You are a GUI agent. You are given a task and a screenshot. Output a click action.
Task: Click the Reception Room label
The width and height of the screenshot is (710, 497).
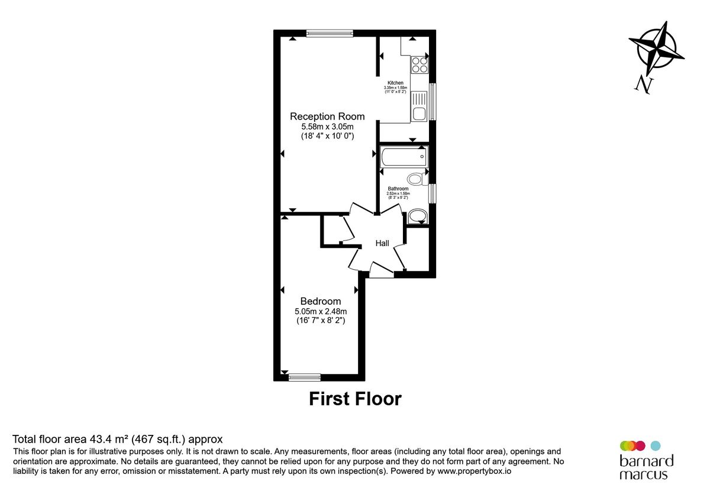[x=327, y=117]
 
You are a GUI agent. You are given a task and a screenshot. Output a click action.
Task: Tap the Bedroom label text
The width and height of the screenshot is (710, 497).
[x=320, y=301]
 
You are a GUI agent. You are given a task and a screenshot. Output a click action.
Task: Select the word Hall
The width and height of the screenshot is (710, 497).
[x=382, y=243]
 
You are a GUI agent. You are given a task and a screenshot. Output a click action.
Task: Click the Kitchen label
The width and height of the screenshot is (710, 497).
[x=395, y=83]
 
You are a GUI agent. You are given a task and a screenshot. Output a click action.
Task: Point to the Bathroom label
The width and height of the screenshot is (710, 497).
[x=398, y=189]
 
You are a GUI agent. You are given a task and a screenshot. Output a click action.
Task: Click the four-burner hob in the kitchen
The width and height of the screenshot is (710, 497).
[x=419, y=64]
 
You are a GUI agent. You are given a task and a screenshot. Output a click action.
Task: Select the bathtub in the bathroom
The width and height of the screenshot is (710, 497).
[x=404, y=157]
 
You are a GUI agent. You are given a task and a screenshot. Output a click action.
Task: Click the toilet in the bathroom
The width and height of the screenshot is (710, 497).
[x=416, y=179]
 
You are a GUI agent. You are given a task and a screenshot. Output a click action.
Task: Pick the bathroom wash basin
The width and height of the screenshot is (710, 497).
[x=417, y=217]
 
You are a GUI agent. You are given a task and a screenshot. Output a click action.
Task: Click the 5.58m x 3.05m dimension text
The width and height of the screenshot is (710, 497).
[x=327, y=127]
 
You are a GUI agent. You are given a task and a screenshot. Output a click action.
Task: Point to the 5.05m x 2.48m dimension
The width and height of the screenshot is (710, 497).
[x=320, y=311]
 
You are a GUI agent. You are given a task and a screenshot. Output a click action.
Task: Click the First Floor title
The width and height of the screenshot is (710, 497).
[x=355, y=399]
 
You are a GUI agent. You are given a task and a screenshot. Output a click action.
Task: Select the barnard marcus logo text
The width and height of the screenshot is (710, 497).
[x=646, y=467]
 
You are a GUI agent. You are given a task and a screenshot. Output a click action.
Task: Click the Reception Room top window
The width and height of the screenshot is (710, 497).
[x=330, y=33]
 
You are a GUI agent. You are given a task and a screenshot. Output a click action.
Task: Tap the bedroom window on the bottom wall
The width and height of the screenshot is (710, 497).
[x=304, y=377]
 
